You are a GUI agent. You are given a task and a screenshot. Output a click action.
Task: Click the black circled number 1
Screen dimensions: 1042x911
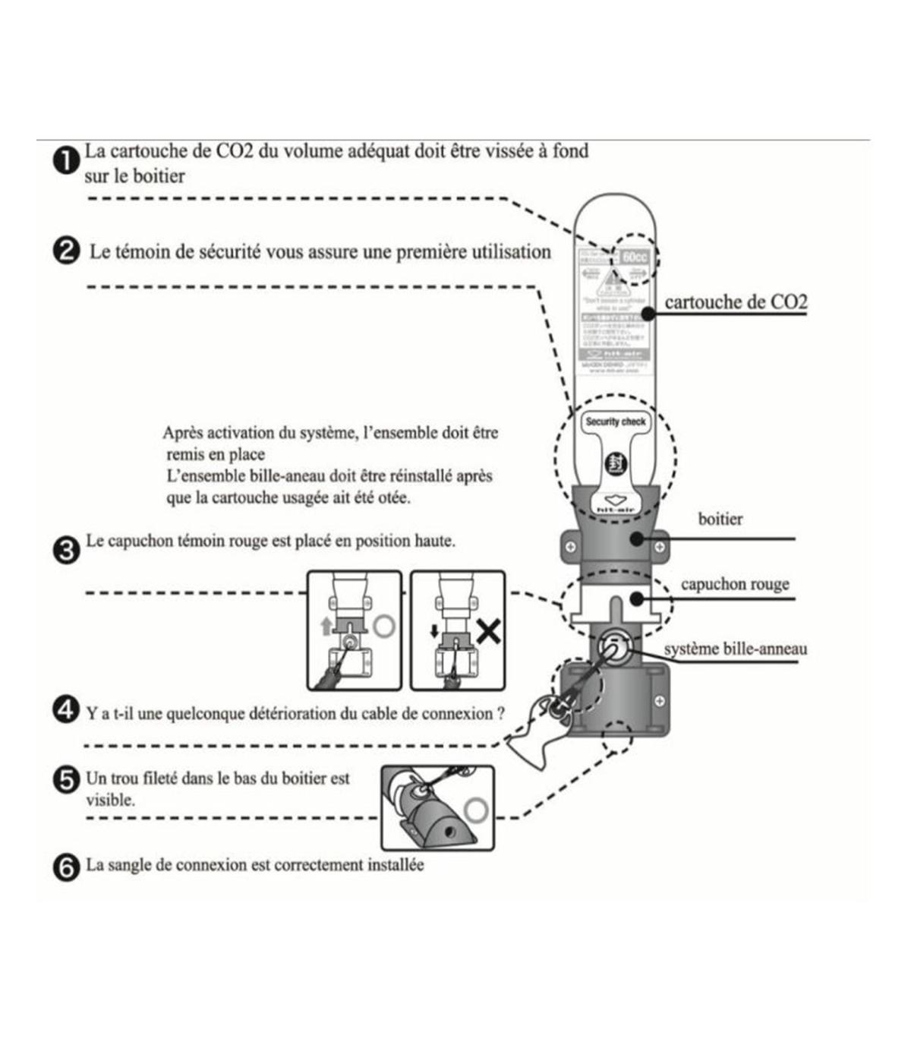click(x=67, y=162)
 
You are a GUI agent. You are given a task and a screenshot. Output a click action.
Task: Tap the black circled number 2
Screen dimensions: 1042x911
click(x=67, y=251)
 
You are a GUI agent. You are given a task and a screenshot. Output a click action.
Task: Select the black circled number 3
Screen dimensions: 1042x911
click(x=67, y=549)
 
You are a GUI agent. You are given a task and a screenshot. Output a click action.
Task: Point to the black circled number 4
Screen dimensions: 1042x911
click(x=67, y=711)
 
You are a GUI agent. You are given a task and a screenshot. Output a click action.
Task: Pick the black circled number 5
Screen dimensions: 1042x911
click(x=67, y=780)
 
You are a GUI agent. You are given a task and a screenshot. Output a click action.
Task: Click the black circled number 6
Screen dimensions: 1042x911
click(x=67, y=867)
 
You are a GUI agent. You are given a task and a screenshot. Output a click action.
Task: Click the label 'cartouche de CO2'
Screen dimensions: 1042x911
click(x=736, y=302)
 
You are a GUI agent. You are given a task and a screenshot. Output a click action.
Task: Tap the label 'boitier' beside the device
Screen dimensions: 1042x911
click(x=720, y=519)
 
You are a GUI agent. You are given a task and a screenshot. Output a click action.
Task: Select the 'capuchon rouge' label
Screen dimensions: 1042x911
click(x=734, y=584)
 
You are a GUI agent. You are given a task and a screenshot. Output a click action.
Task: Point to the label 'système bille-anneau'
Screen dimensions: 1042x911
click(x=735, y=649)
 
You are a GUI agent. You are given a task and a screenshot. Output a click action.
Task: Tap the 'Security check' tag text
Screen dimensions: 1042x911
click(x=615, y=422)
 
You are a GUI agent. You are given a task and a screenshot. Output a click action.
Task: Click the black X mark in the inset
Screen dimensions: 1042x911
click(x=488, y=630)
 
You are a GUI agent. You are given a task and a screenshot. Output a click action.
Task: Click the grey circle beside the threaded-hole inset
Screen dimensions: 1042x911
click(x=476, y=810)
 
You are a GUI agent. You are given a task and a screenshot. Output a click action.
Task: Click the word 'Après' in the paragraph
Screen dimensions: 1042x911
click(x=184, y=434)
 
